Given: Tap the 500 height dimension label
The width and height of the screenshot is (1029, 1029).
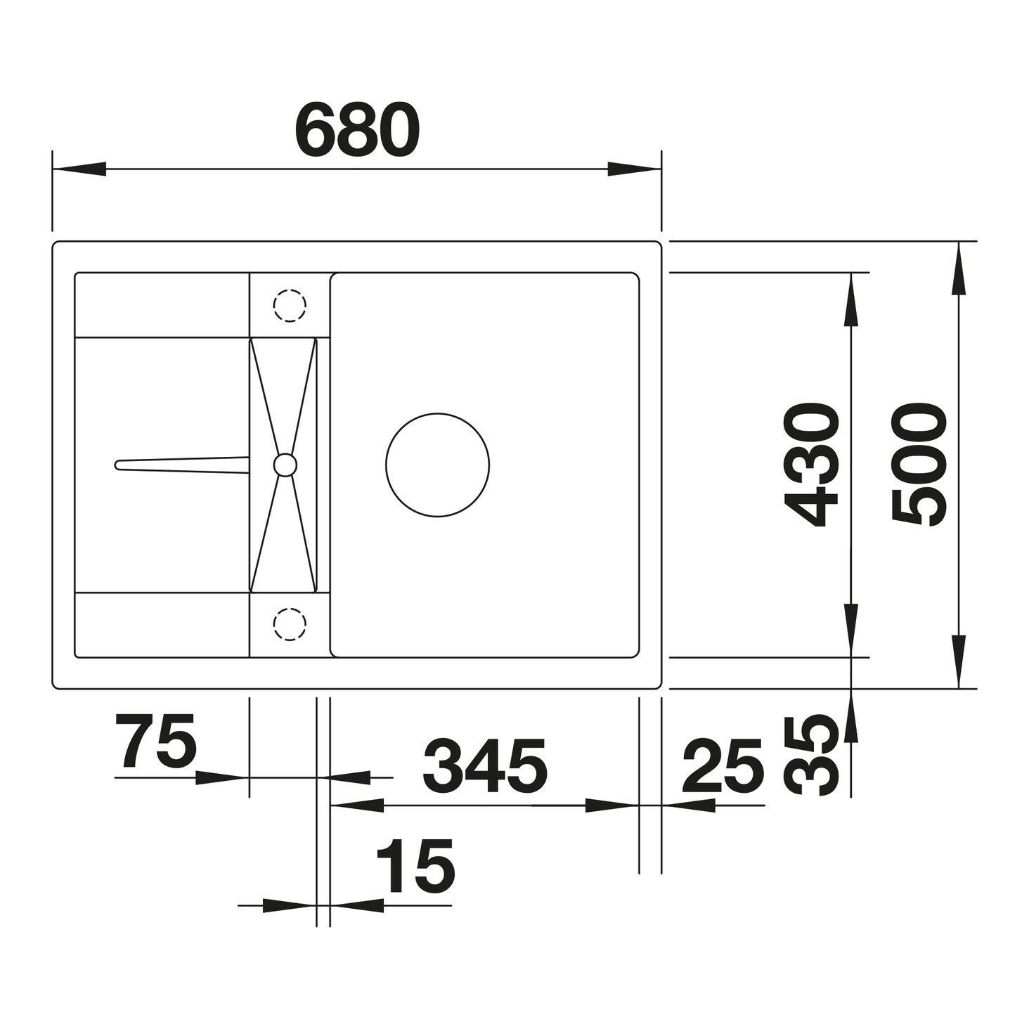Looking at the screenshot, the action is coord(919,464).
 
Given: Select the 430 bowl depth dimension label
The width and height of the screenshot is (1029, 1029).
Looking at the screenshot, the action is coord(810,464).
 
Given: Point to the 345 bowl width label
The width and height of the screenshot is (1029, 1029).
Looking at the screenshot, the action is coord(485,767).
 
